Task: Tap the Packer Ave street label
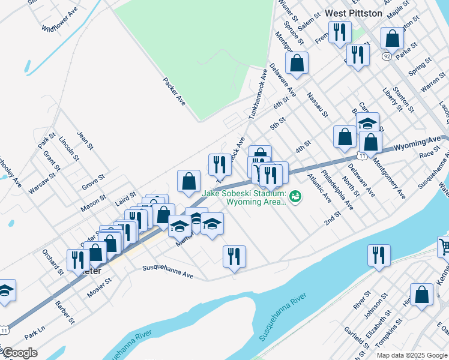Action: [x=174, y=91]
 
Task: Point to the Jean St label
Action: [x=85, y=139]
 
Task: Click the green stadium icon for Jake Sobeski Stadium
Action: [x=295, y=196]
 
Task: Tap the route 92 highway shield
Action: [x=387, y=56]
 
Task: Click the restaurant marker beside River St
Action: [x=379, y=256]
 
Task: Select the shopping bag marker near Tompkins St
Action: [x=421, y=295]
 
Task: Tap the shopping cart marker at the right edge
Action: [x=444, y=246]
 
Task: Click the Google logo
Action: [x=20, y=353]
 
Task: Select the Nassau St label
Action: [x=317, y=104]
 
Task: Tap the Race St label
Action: [x=429, y=154]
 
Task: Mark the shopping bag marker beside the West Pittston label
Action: [x=391, y=39]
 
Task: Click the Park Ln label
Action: [x=35, y=331]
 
